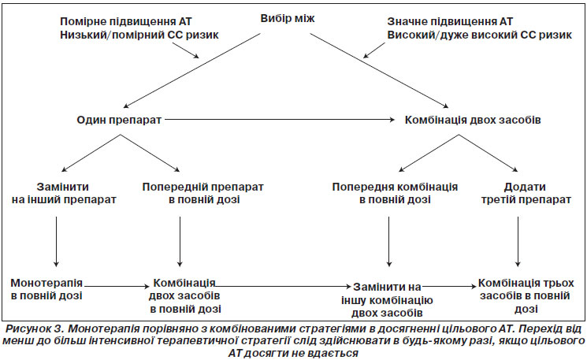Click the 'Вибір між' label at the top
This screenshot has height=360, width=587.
click(288, 18)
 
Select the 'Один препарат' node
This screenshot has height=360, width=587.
click(119, 120)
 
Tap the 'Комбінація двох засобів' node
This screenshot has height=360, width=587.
click(473, 120)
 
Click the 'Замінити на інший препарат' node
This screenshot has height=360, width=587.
click(64, 193)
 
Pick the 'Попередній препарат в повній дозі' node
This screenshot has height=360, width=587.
click(203, 193)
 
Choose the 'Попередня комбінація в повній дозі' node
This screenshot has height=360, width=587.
click(395, 193)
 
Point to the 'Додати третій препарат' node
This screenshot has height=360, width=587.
click(526, 193)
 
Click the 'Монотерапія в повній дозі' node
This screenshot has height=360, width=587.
click(46, 289)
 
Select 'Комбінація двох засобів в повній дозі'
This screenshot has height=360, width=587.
click(185, 295)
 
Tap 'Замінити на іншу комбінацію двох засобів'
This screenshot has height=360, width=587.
click(387, 300)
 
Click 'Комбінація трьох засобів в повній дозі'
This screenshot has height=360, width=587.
click(526, 295)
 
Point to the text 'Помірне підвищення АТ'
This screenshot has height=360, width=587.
click(126, 21)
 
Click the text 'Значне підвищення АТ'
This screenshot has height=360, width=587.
click(450, 21)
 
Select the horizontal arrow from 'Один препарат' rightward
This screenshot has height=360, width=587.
click(280, 120)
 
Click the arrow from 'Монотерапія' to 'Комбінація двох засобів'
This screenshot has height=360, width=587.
click(117, 287)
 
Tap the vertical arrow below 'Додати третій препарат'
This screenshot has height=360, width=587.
click(518, 242)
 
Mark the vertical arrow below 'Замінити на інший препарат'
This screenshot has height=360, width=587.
click(56, 242)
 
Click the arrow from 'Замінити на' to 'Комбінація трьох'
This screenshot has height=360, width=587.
click(449, 287)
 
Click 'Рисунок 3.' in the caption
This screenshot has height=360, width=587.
click(35, 329)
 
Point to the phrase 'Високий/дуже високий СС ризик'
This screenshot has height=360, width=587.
click(480, 35)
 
